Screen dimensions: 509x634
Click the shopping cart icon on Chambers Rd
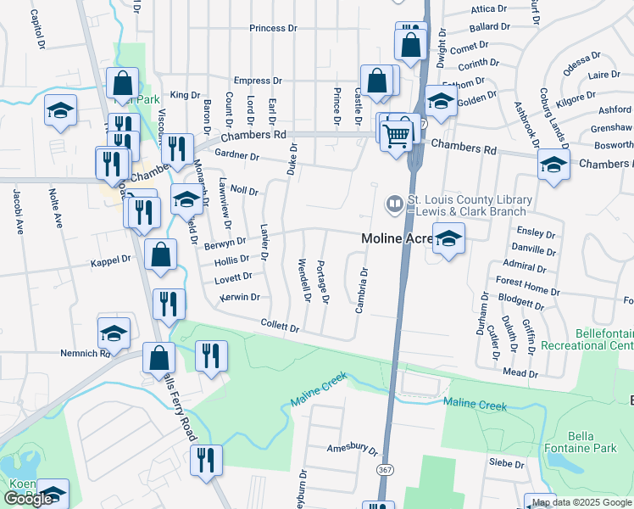[396, 136]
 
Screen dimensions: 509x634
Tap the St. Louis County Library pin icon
[394, 203]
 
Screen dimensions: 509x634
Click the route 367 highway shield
[386, 468]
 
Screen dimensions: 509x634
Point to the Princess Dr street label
[273, 28]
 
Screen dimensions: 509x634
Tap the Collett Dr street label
[281, 327]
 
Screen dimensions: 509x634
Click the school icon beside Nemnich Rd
[114, 333]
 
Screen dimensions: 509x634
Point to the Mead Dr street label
[520, 372]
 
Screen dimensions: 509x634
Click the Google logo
[28, 499]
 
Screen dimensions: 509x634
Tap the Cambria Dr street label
[361, 291]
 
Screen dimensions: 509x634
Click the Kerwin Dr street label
[240, 297]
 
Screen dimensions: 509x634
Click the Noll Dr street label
[244, 192]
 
